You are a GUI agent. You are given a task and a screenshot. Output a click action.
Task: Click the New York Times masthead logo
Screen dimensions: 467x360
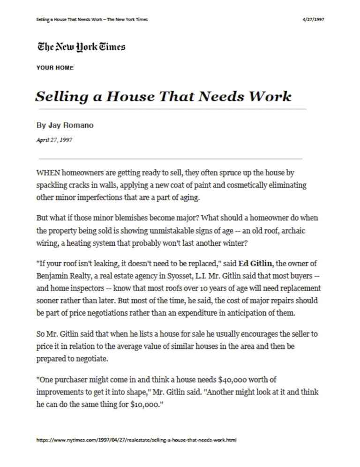[x=81, y=47]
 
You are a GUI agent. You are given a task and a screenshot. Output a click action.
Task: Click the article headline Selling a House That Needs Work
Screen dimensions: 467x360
[x=163, y=97]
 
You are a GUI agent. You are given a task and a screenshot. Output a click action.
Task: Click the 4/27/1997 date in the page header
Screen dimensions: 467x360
[x=314, y=19]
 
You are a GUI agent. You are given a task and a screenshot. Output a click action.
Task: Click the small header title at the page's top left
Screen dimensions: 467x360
[x=92, y=19]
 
